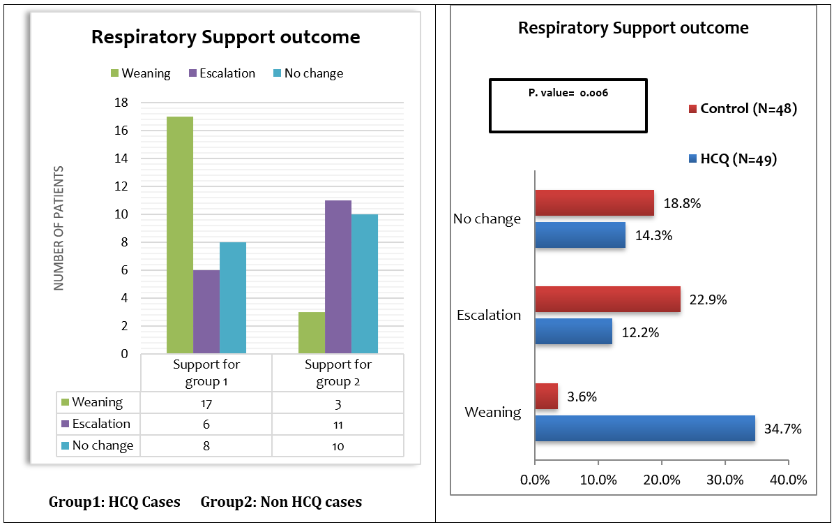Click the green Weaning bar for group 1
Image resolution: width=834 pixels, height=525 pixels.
click(179, 235)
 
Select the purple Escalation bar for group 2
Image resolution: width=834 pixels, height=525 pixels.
click(338, 277)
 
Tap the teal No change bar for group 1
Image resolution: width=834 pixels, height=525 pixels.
click(232, 298)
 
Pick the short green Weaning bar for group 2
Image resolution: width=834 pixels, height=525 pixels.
click(311, 333)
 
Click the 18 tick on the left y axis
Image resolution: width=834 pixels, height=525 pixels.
click(120, 103)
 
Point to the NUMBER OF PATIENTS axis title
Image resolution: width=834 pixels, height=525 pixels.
click(59, 228)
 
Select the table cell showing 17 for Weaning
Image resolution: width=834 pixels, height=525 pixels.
click(206, 403)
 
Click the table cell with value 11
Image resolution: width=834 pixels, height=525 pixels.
click(338, 424)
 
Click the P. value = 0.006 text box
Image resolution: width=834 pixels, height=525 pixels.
click(568, 105)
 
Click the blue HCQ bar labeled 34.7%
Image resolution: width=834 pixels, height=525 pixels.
click(645, 428)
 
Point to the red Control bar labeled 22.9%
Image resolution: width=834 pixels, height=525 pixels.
click(607, 299)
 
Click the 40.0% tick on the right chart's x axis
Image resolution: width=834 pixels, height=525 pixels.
click(787, 480)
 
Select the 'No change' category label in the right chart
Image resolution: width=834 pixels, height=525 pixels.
click(487, 219)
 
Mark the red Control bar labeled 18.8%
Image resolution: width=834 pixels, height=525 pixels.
click(594, 202)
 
